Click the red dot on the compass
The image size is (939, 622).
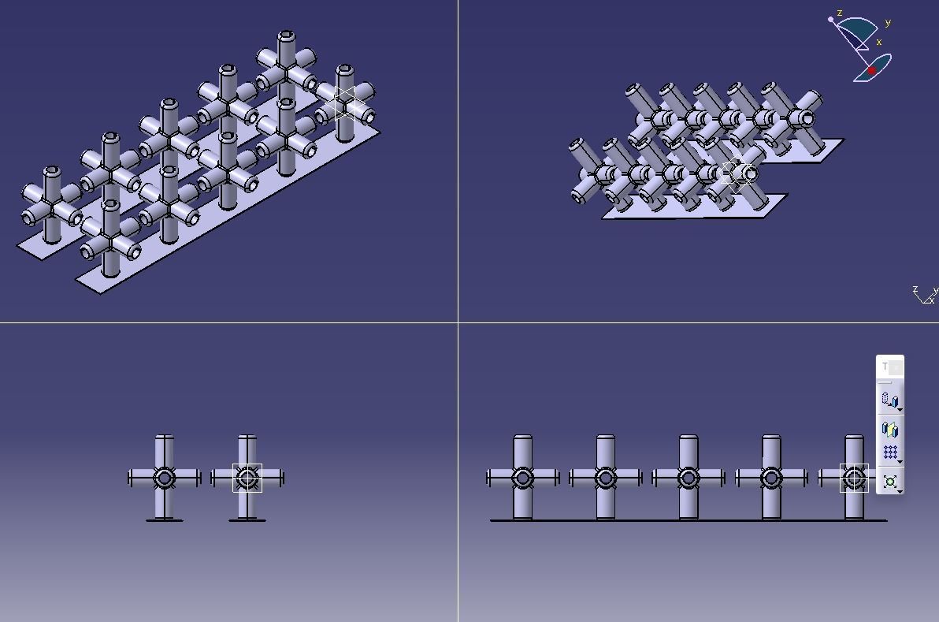click(872, 71)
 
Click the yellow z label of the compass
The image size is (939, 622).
click(841, 13)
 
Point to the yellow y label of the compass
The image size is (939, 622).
click(888, 24)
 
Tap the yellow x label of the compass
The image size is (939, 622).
click(879, 43)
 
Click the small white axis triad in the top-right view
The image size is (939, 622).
click(925, 295)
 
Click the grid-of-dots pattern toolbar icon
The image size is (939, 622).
click(890, 453)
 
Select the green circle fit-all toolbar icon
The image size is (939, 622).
click(890, 481)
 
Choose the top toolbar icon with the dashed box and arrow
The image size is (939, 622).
click(890, 400)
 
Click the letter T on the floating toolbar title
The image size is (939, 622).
click(885, 367)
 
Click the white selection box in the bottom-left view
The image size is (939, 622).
click(247, 478)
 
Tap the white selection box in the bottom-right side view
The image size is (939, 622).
click(854, 478)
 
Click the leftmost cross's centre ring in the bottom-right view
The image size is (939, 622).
click(522, 478)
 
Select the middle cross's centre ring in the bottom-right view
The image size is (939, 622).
click(688, 478)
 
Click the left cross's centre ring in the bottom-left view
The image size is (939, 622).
click(164, 478)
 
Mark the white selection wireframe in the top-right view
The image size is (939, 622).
click(739, 174)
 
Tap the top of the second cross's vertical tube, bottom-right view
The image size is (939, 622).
click(605, 438)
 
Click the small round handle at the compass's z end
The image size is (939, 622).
click(830, 19)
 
